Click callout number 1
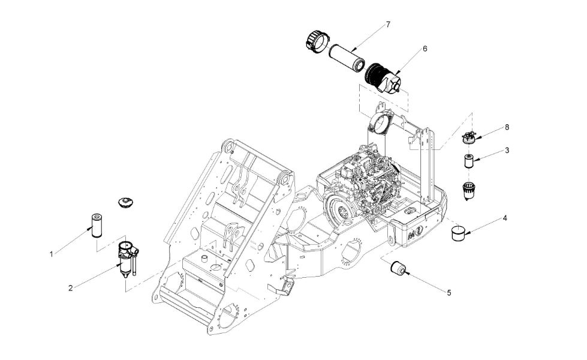point(52,254)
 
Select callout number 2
point(70,288)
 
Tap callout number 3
point(507,151)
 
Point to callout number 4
point(505,218)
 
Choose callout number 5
point(449,293)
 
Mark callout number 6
point(425,49)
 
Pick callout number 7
point(388,25)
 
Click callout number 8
point(507,127)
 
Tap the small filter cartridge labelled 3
point(469,161)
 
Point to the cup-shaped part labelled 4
point(458,233)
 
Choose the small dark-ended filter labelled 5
point(398,268)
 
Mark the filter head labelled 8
point(469,138)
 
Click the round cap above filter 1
point(124,203)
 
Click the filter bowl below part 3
point(469,190)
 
